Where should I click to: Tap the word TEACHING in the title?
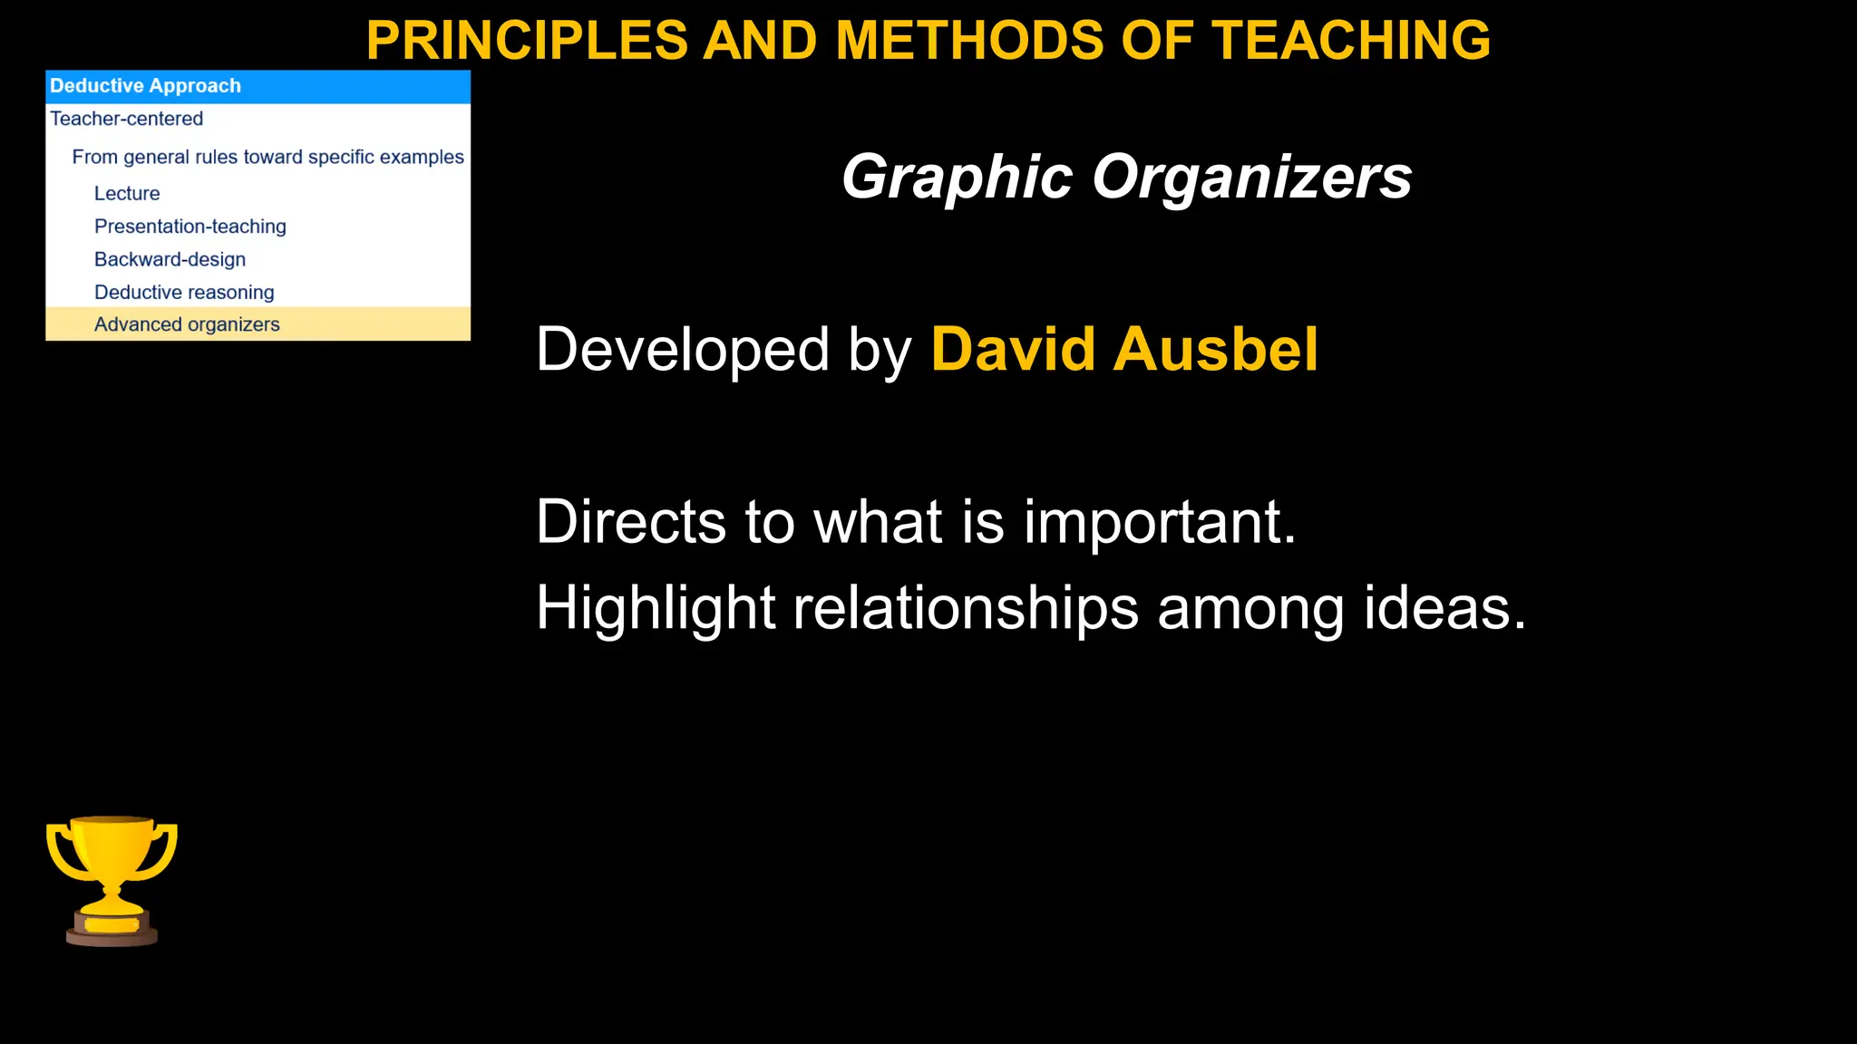click(1351, 41)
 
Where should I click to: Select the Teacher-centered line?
click(126, 119)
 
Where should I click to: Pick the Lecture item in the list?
click(127, 193)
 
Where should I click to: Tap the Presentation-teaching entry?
click(190, 227)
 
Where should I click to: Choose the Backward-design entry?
click(170, 259)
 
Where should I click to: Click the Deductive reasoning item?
click(184, 292)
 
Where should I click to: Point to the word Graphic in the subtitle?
click(958, 177)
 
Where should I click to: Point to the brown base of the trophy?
click(112, 933)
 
